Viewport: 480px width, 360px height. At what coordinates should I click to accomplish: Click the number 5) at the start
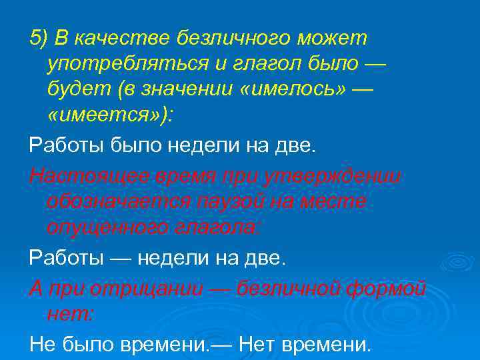[x=39, y=39]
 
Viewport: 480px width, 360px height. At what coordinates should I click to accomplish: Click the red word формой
[x=390, y=289]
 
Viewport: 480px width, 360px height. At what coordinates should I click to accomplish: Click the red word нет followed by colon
[x=70, y=313]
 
